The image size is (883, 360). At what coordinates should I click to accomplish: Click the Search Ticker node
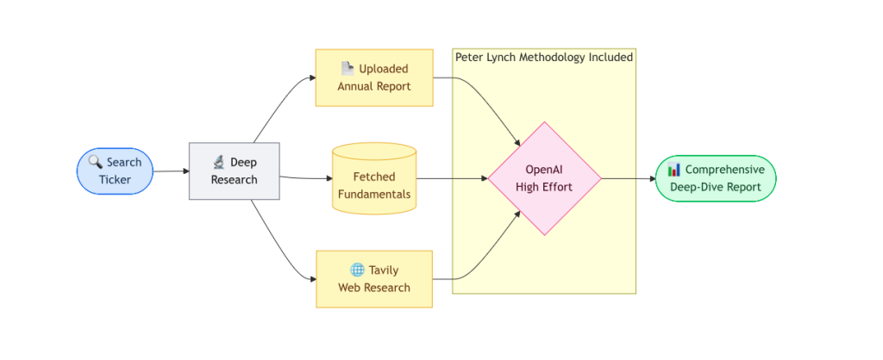(115, 171)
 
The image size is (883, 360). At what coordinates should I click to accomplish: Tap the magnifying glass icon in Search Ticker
(95, 163)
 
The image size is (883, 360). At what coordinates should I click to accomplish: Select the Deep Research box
(235, 171)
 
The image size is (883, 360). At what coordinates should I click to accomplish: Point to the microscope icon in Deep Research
(219, 163)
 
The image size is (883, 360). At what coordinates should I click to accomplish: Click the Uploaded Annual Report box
(374, 78)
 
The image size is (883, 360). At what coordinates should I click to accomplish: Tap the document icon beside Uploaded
(348, 69)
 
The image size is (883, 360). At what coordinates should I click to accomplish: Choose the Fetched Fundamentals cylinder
(374, 179)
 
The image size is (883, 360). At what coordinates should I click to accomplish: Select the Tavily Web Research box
(374, 279)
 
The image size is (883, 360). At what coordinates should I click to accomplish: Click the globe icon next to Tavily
(357, 270)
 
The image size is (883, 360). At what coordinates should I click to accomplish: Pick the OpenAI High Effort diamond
(545, 179)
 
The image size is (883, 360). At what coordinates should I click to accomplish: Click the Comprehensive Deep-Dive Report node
(716, 178)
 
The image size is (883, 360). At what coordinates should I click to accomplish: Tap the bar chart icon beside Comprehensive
(674, 170)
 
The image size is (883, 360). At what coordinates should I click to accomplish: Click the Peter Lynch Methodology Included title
(544, 57)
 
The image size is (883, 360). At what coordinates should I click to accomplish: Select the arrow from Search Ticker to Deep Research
(172, 171)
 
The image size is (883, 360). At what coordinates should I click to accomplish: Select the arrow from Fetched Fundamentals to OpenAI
(452, 179)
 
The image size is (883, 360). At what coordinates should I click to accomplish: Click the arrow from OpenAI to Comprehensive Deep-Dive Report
(629, 179)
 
